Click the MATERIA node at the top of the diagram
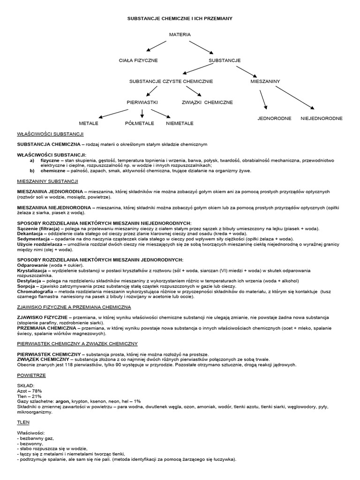click(180, 35)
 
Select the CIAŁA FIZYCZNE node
click(138, 60)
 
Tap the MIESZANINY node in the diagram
click(265, 81)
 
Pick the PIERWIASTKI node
click(142, 102)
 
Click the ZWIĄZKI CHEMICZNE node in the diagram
click(207, 102)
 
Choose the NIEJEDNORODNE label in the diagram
click(322, 118)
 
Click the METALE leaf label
click(89, 123)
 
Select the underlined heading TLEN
click(23, 422)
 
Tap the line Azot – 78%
click(30, 390)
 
